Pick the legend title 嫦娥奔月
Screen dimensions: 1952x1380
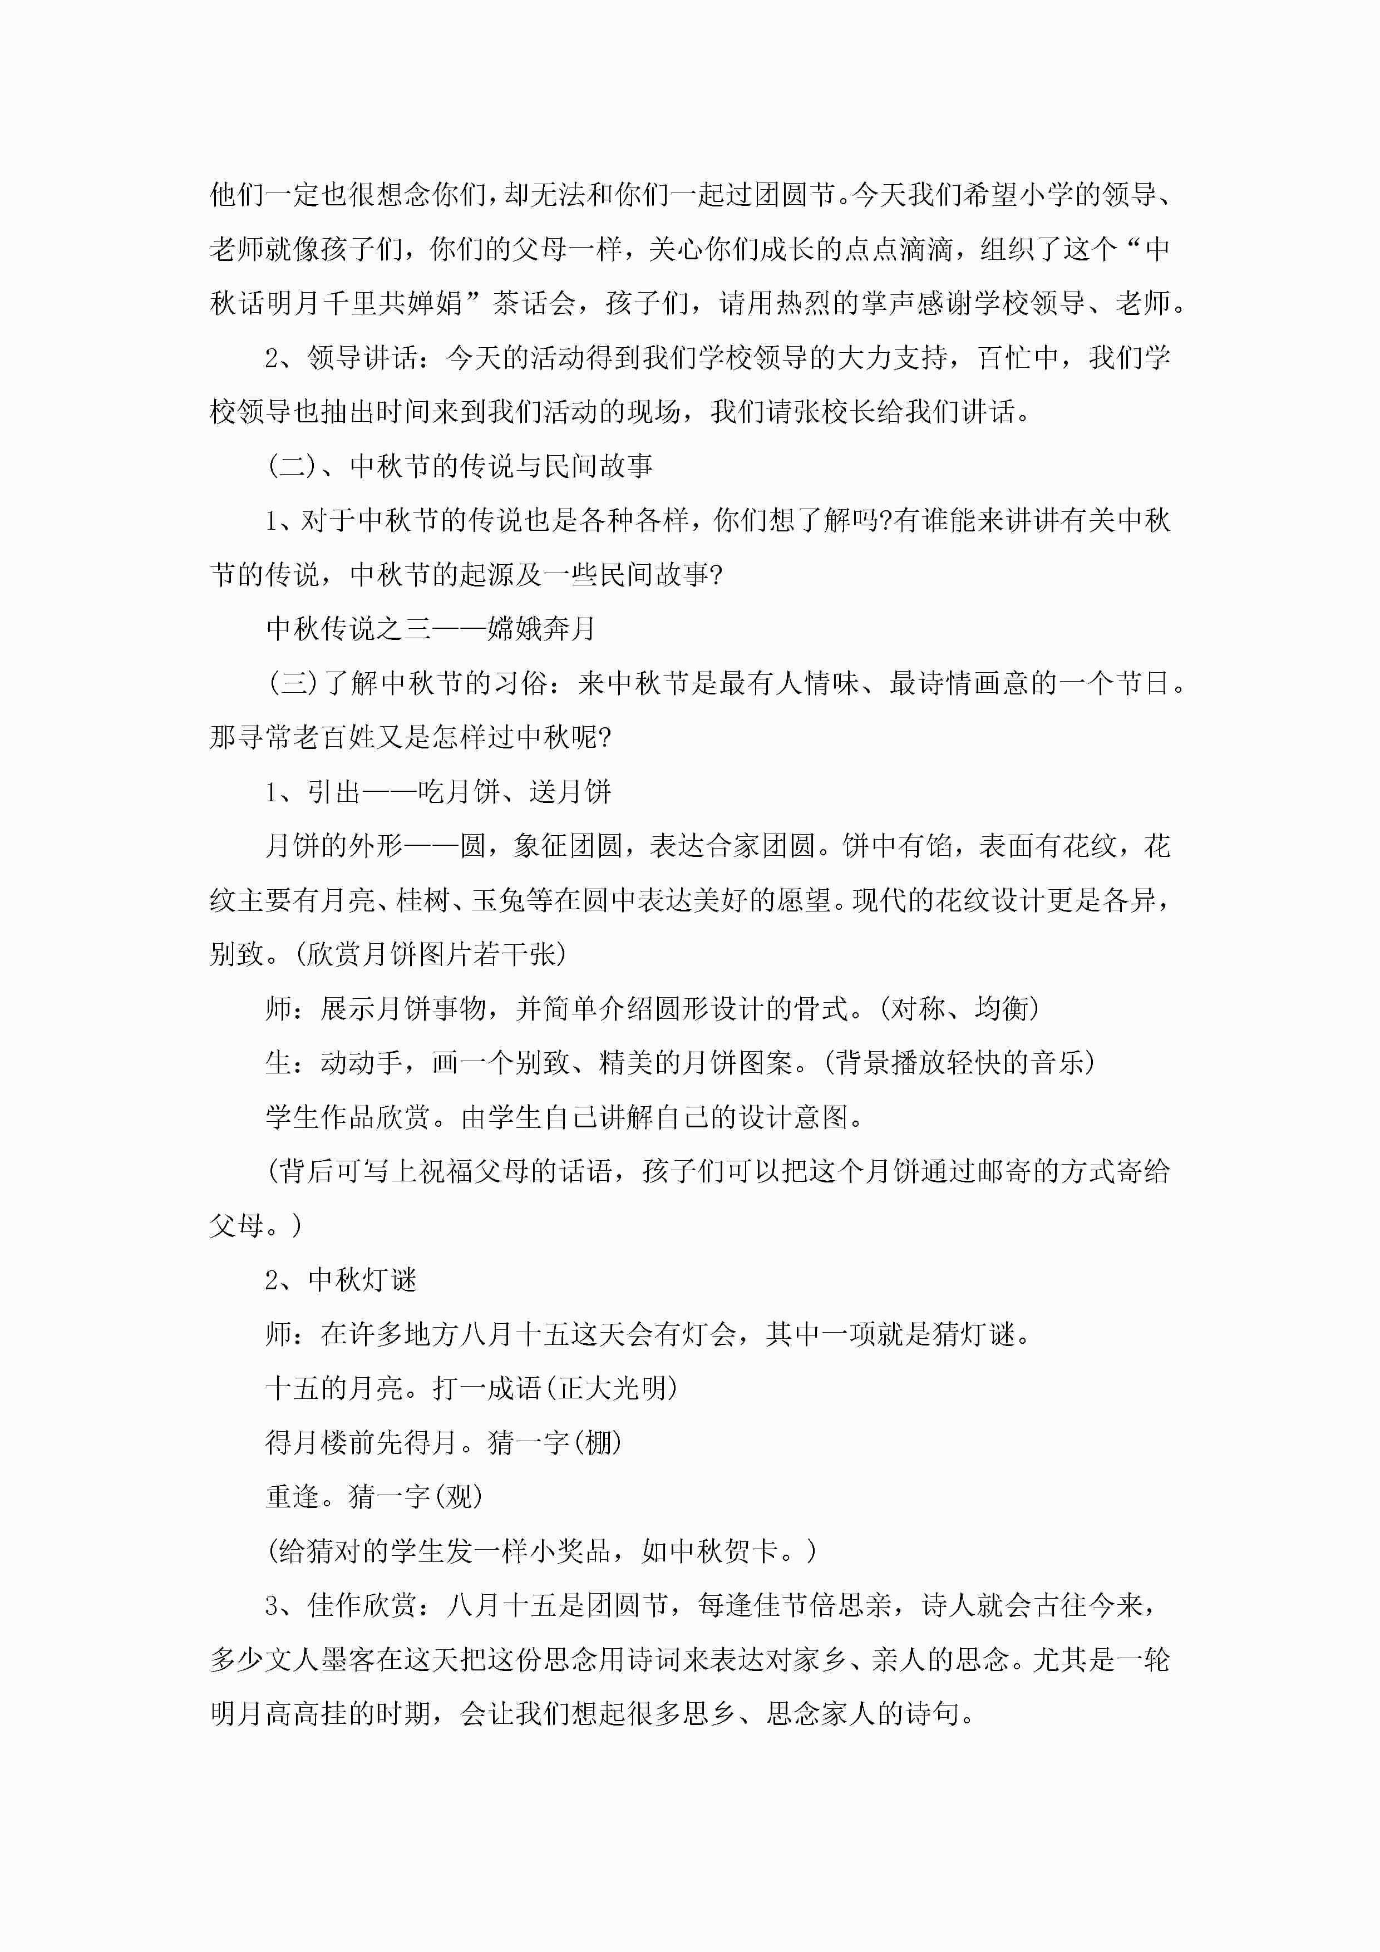click(541, 629)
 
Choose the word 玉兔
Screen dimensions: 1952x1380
click(498, 900)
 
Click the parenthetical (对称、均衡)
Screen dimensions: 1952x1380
click(959, 1009)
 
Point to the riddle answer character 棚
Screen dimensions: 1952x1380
click(598, 1443)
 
